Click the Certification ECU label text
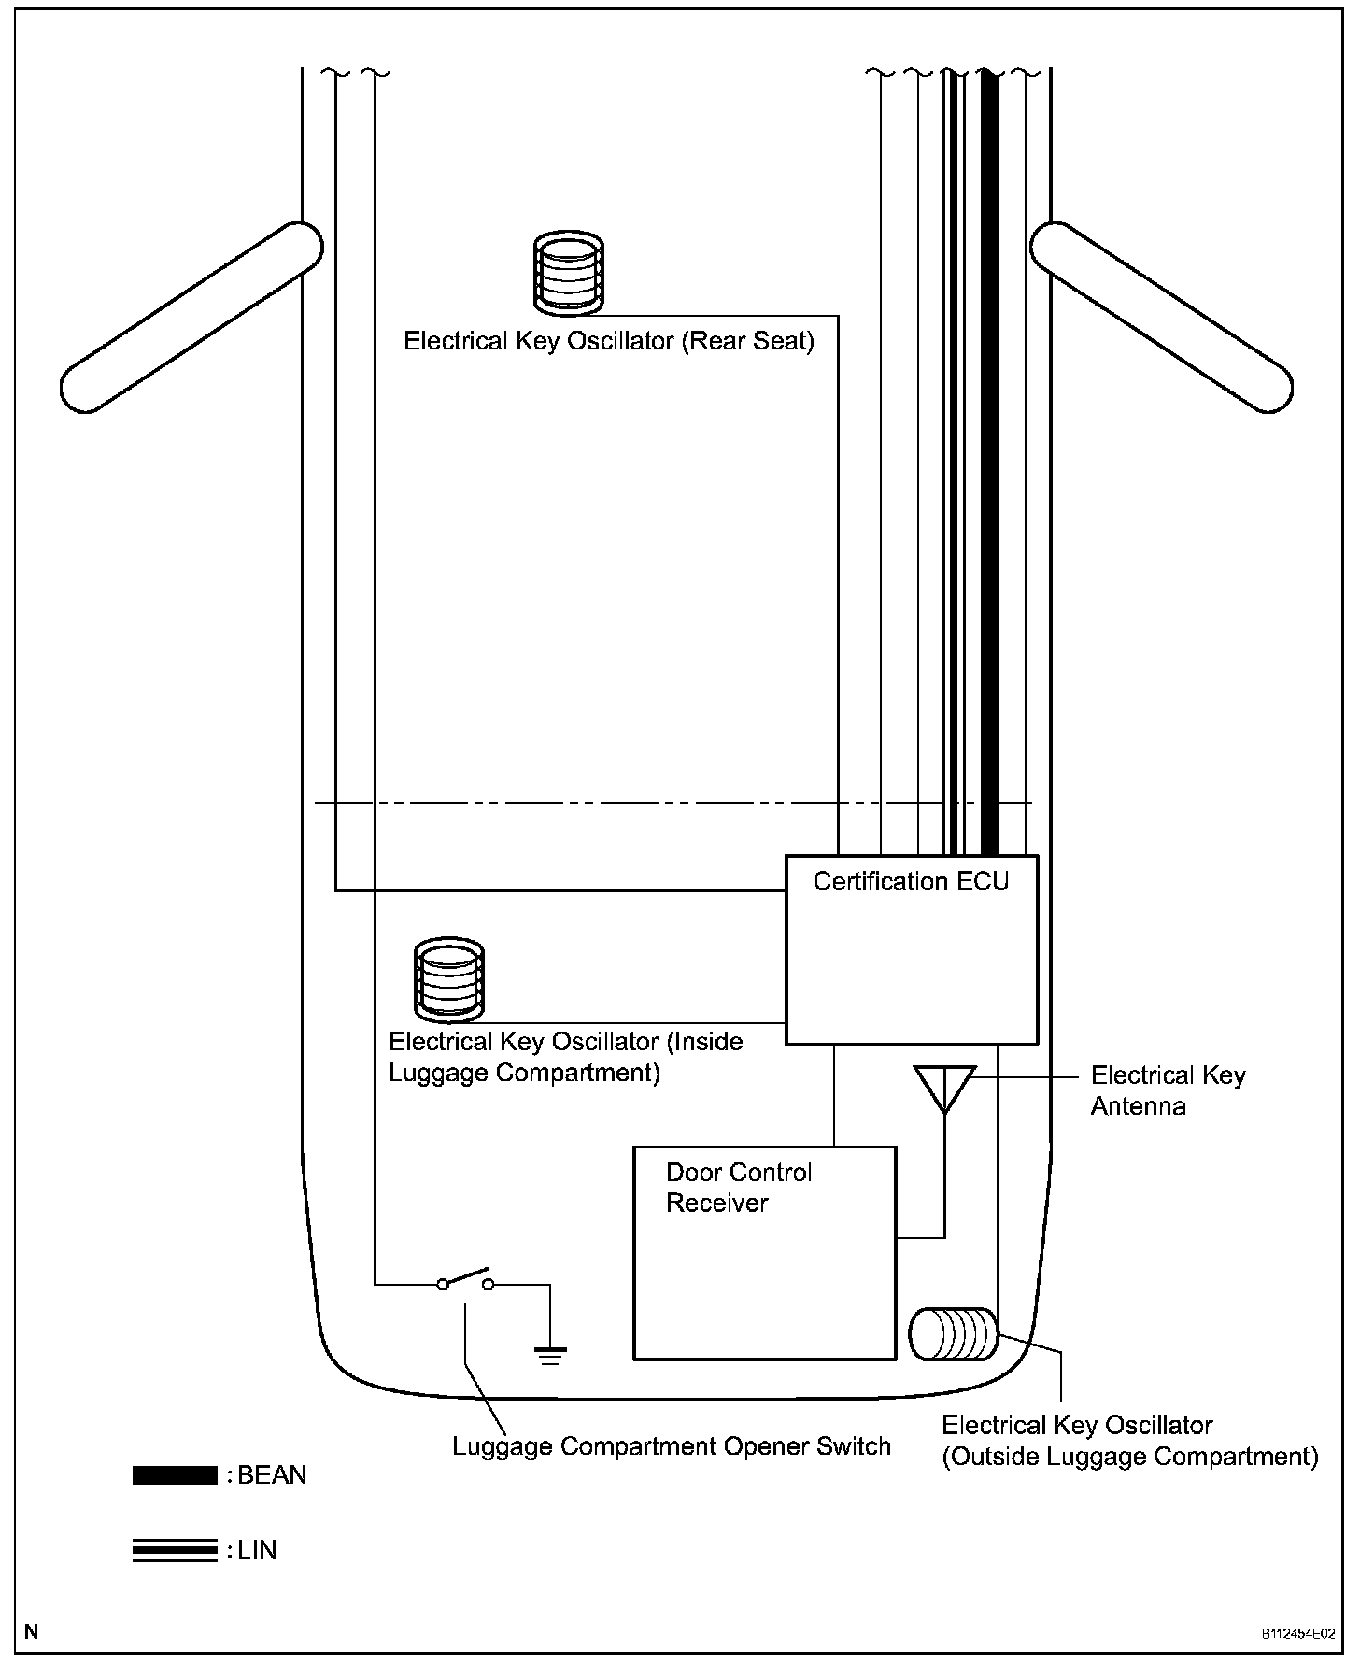point(911,882)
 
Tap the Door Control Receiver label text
point(738,1188)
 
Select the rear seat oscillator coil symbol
point(568,273)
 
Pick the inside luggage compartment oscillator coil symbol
point(449,979)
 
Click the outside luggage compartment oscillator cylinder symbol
point(954,1333)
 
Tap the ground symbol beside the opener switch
point(550,1354)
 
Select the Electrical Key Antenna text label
point(1168,1091)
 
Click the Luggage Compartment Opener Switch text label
point(671,1447)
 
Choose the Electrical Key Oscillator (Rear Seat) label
point(608,341)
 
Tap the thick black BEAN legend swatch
point(175,1475)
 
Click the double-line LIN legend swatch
point(175,1551)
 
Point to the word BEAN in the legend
point(272,1475)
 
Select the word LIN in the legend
point(257,1551)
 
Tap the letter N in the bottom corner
point(32,1632)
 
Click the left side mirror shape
point(191,316)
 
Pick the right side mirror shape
point(1161,316)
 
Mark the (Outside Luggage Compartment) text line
point(1129,1457)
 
